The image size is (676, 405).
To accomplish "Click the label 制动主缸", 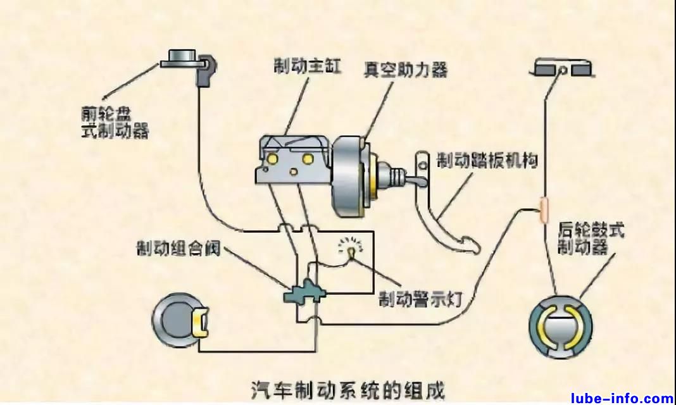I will pos(307,65).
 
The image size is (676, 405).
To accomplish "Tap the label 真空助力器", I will pos(405,69).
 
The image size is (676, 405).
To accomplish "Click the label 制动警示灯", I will pos(416,296).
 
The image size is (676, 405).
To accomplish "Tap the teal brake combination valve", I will pos(304,292).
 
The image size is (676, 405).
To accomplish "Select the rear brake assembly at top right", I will pos(560,68).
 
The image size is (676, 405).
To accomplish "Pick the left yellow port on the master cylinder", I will pos(273,156).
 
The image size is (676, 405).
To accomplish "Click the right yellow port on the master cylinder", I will pos(308,158).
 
